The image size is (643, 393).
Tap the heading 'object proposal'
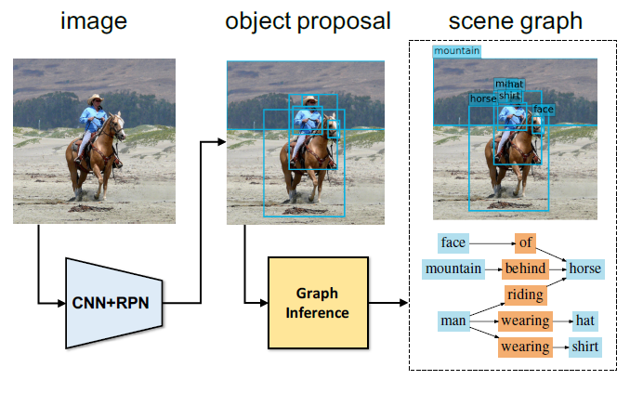coord(308,20)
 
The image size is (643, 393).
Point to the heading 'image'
coord(93,20)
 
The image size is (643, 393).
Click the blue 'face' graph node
coord(453,243)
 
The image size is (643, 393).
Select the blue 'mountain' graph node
coord(453,269)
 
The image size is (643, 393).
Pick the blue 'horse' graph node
coord(585,269)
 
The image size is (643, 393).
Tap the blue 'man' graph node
coord(453,321)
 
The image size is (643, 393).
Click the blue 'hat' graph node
coord(584,321)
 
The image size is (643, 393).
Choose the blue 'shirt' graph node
coord(585,347)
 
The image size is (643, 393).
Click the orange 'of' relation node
coord(525,243)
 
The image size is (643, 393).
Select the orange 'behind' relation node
coord(525,269)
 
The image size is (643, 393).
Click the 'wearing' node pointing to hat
coord(525,321)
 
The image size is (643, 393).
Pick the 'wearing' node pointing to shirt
coord(525,347)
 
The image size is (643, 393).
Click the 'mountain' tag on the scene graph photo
coord(457,51)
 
